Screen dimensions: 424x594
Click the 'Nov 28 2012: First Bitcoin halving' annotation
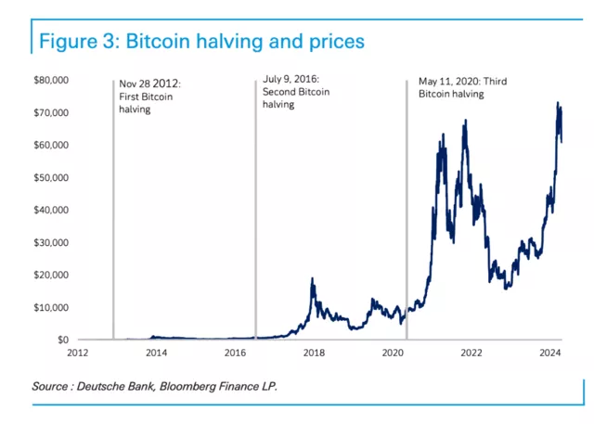(x=150, y=96)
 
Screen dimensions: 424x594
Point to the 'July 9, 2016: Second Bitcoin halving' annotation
(x=296, y=93)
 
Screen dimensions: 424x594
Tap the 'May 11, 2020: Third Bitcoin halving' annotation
(x=456, y=87)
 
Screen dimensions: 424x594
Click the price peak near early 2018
(x=313, y=278)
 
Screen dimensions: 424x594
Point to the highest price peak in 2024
(x=558, y=103)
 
